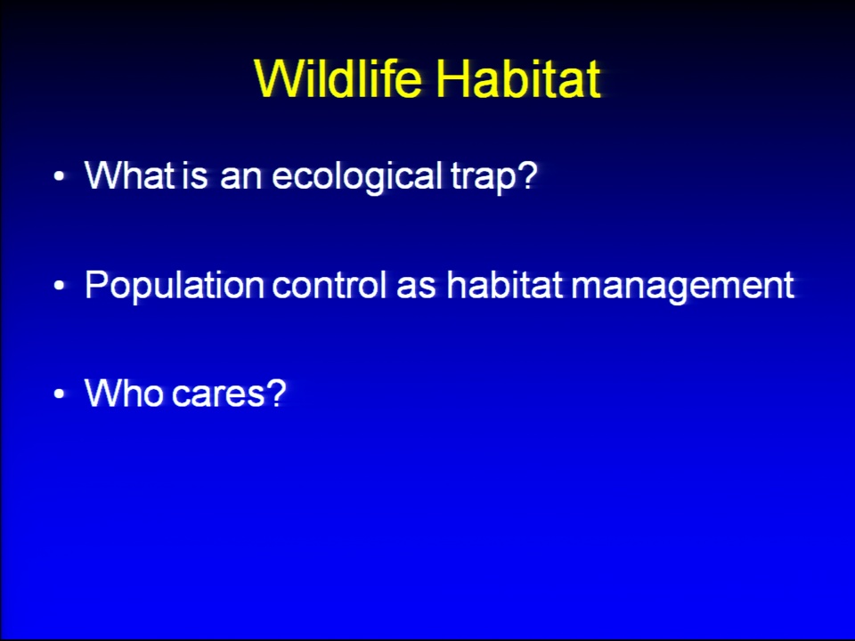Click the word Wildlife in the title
coord(338,78)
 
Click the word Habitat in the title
coord(518,78)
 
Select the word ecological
coord(357,176)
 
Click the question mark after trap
coord(526,174)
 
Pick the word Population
coord(175,286)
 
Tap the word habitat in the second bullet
coord(504,284)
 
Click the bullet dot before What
coord(60,176)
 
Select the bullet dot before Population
coord(60,286)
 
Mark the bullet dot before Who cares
coord(60,394)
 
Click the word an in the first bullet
coord(241,178)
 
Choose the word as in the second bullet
coord(416,287)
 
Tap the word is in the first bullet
coord(195,175)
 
